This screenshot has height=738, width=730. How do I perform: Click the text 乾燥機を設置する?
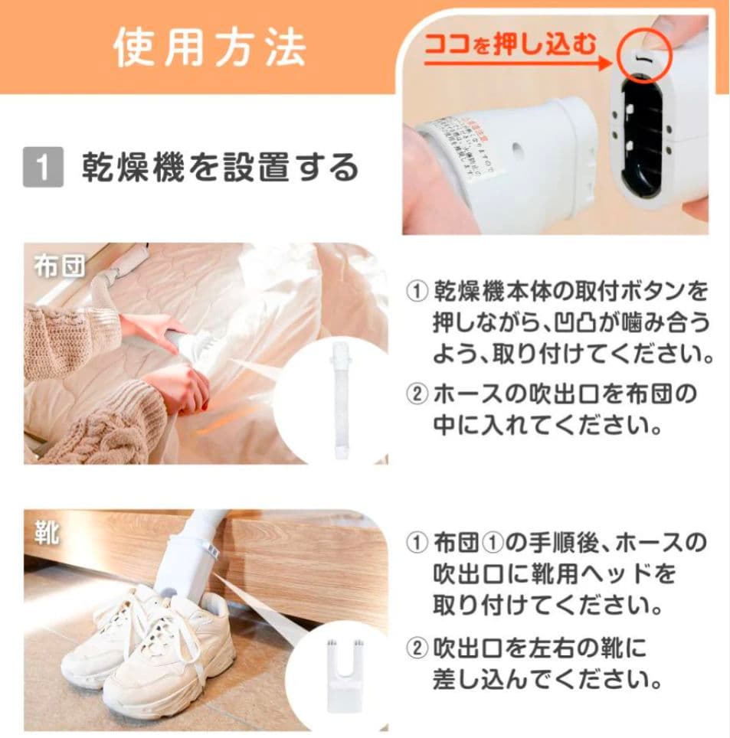coord(220,168)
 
